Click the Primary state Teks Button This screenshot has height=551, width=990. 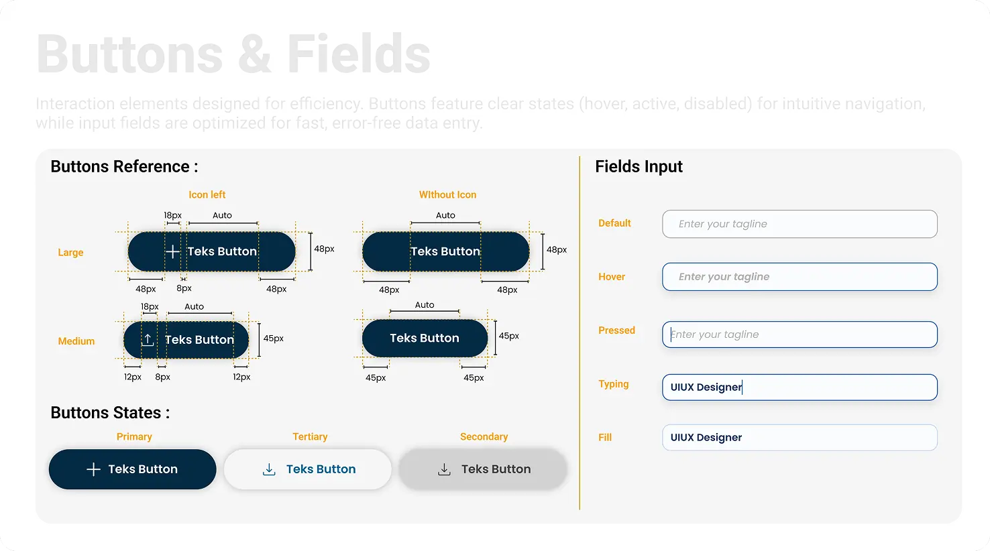click(132, 469)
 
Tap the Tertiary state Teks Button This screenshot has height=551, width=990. click(307, 469)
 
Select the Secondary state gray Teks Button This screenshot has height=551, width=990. click(483, 469)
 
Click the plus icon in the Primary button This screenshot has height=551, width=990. click(94, 469)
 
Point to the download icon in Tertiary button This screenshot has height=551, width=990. click(269, 469)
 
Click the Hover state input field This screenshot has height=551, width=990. click(800, 277)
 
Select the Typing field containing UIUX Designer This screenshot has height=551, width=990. click(800, 387)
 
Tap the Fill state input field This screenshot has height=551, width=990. click(800, 438)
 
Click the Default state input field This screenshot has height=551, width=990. click(800, 224)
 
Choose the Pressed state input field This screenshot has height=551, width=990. click(800, 334)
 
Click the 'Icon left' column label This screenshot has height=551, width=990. click(207, 195)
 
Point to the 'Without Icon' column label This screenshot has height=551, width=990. click(447, 195)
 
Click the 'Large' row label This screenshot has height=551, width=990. click(70, 253)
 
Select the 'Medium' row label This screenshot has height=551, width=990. click(76, 341)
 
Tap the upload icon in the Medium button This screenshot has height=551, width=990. click(148, 340)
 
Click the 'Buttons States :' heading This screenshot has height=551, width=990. click(110, 413)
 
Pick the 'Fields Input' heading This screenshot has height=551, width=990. click(639, 167)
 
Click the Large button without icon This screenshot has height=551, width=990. click(445, 251)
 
